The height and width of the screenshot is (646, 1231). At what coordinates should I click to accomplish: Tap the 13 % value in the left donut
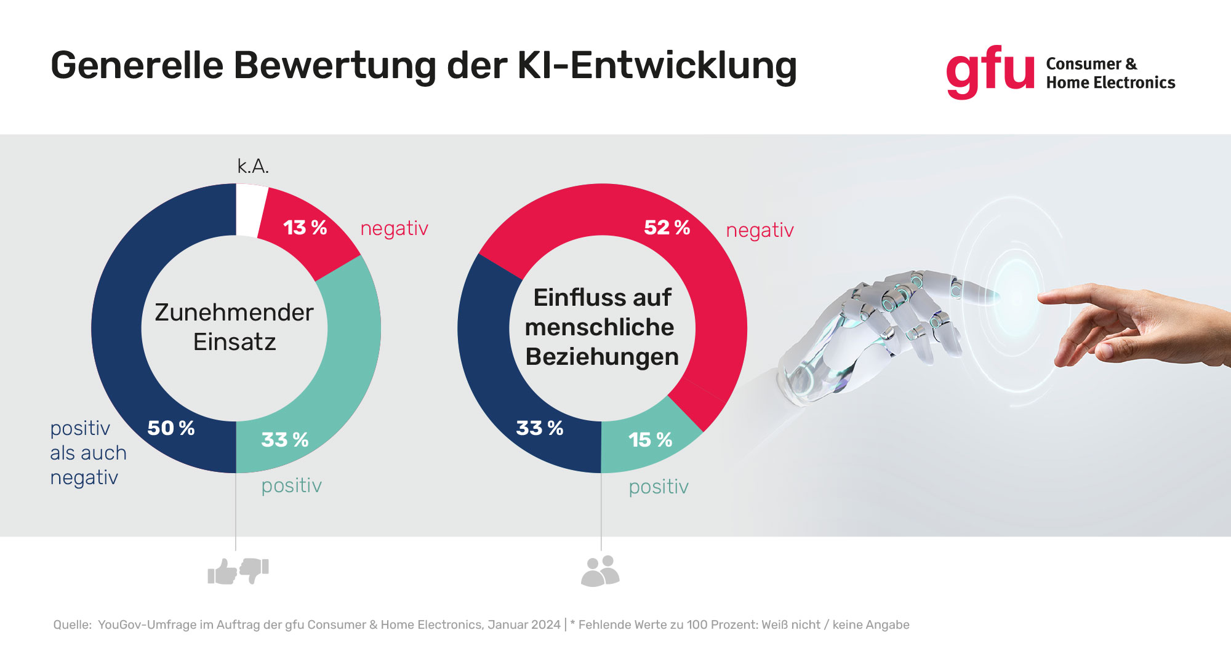305,228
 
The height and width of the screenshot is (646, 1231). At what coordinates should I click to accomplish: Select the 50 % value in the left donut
171,428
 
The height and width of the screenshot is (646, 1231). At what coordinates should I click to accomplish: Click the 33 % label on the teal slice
284,440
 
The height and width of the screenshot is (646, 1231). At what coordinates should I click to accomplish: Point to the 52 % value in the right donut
667,228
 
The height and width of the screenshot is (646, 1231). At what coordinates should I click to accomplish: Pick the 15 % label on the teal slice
650,440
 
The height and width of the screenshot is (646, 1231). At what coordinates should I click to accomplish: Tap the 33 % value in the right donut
539,428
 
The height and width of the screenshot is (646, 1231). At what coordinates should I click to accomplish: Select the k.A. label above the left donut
253,166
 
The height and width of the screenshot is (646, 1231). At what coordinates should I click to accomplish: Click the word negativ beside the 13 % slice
394,228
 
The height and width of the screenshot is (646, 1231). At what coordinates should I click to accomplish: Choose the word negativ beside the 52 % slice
760,230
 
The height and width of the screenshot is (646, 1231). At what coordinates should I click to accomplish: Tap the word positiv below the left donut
291,485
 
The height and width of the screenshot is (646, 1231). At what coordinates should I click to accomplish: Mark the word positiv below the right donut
658,487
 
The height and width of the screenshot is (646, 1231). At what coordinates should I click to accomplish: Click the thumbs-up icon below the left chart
223,572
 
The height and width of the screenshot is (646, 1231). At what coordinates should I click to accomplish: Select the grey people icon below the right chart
600,571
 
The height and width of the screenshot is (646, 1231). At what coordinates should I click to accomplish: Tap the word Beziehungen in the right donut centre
602,357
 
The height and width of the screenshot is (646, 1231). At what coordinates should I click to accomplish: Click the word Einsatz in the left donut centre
235,342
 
